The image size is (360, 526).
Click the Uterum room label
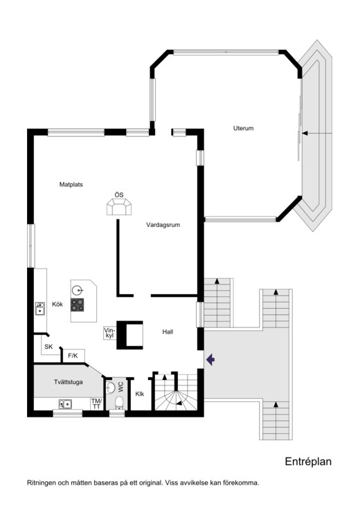pyautogui.click(x=243, y=128)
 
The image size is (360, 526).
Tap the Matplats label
pyautogui.click(x=71, y=185)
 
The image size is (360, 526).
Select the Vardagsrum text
pyautogui.click(x=163, y=225)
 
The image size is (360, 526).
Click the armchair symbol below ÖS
pyautogui.click(x=119, y=207)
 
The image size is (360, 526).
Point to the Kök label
pyautogui.click(x=57, y=305)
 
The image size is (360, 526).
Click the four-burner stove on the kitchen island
pyautogui.click(x=77, y=305)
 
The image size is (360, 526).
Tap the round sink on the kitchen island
pyautogui.click(x=78, y=289)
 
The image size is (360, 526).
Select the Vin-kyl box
pyautogui.click(x=109, y=333)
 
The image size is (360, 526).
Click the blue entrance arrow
pyautogui.click(x=210, y=360)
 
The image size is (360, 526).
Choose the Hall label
pyautogui.click(x=168, y=332)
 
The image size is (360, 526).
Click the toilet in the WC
pyautogui.click(x=119, y=403)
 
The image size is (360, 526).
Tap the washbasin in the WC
pyautogui.click(x=110, y=388)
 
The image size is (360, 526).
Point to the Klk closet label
pyautogui.click(x=140, y=394)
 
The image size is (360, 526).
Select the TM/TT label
pyautogui.click(x=96, y=404)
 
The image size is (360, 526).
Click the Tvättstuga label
pyautogui.click(x=69, y=382)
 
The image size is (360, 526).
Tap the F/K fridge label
pyautogui.click(x=73, y=356)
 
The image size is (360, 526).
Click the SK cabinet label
pyautogui.click(x=48, y=347)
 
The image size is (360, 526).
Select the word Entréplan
pyautogui.click(x=308, y=462)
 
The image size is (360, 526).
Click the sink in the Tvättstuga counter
pyautogui.click(x=65, y=404)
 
